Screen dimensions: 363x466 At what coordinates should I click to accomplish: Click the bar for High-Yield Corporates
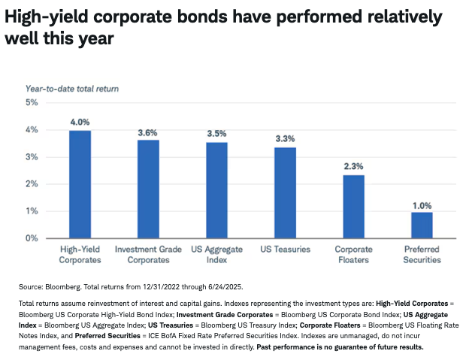pos(80,184)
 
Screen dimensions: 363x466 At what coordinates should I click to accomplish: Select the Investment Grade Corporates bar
pos(148,189)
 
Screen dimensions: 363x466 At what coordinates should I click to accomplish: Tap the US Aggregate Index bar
pos(216,190)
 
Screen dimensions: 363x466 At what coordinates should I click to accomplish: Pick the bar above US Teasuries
pos(285,193)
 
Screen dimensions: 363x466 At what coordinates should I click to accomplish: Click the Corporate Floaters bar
pos(353,207)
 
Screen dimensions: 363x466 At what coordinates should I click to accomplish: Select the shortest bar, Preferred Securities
pos(422,225)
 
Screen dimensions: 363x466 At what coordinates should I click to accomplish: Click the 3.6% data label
pos(148,133)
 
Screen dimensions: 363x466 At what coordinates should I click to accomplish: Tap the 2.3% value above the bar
pos(353,168)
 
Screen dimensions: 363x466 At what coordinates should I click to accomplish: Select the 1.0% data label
pos(422,204)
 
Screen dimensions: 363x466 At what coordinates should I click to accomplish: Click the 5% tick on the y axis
pos(32,103)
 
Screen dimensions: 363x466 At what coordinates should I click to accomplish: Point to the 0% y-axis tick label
pos(32,238)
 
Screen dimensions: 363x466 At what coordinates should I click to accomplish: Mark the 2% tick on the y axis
pos(32,184)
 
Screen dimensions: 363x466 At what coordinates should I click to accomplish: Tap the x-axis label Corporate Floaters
pos(353,254)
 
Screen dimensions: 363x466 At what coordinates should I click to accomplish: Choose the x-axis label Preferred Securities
pos(422,254)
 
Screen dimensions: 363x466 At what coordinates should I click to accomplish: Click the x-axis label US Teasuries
pos(285,248)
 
